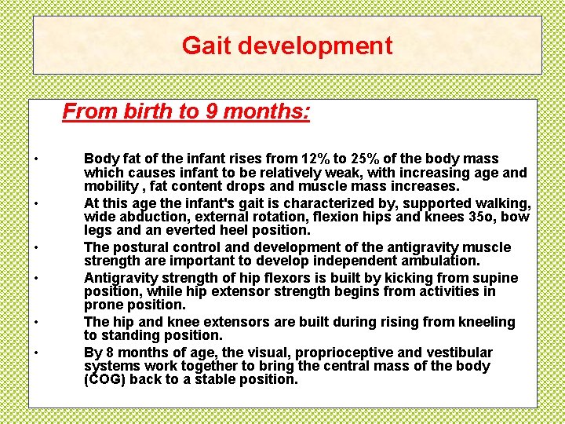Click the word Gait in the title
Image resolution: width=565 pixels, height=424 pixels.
point(206,46)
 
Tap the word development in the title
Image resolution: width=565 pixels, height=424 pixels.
point(315,46)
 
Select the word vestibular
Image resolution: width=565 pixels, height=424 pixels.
point(463,353)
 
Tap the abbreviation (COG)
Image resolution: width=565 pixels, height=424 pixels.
point(105,380)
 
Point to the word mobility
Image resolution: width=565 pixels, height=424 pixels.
point(109,186)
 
